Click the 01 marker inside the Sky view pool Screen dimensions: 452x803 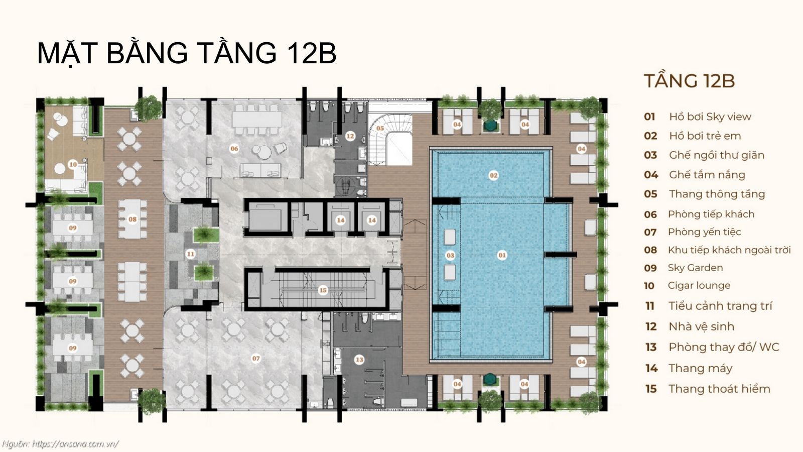pos(502,255)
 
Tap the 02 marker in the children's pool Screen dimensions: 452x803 pos(493,175)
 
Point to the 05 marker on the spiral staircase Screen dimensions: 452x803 pos(380,129)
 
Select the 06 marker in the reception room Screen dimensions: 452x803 pos(234,148)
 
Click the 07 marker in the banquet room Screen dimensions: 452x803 pos(256,359)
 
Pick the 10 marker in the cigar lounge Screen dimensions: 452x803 pos(73,164)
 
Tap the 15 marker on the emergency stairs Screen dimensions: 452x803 pos(323,290)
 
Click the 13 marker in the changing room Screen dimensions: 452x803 pos(359,360)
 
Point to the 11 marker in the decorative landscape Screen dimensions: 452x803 pos(190,254)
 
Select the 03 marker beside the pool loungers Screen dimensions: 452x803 pos(450,255)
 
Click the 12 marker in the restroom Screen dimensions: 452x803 pos(350,136)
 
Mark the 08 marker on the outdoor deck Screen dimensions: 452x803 pos(132,219)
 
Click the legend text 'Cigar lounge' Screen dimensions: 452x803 pos(699,286)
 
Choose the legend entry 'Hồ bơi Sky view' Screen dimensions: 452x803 pos(710,117)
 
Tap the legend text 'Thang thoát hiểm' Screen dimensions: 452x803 pos(719,389)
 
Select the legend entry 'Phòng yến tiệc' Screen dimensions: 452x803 pos(704,232)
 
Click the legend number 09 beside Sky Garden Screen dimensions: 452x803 pos(650,268)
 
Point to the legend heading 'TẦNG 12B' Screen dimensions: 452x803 pos(689,81)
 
